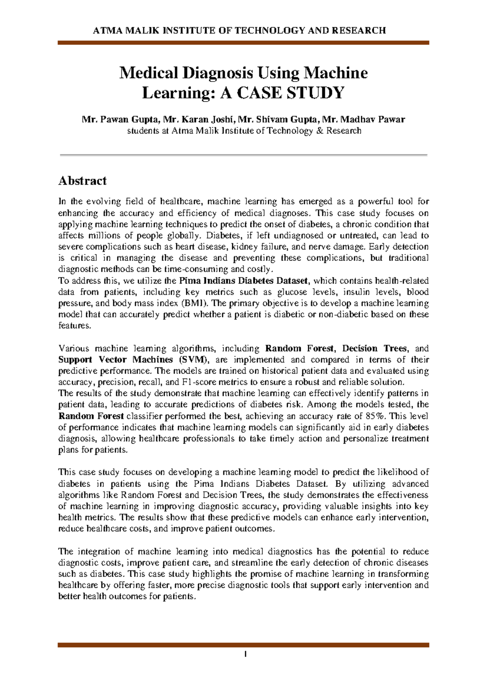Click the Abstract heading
[82, 181]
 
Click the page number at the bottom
[246, 654]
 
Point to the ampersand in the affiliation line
[320, 131]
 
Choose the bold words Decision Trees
[374, 348]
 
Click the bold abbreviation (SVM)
[193, 359]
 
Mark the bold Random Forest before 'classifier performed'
[91, 416]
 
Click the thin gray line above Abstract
[243, 155]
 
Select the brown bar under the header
[243, 43]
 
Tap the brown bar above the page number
[243, 645]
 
